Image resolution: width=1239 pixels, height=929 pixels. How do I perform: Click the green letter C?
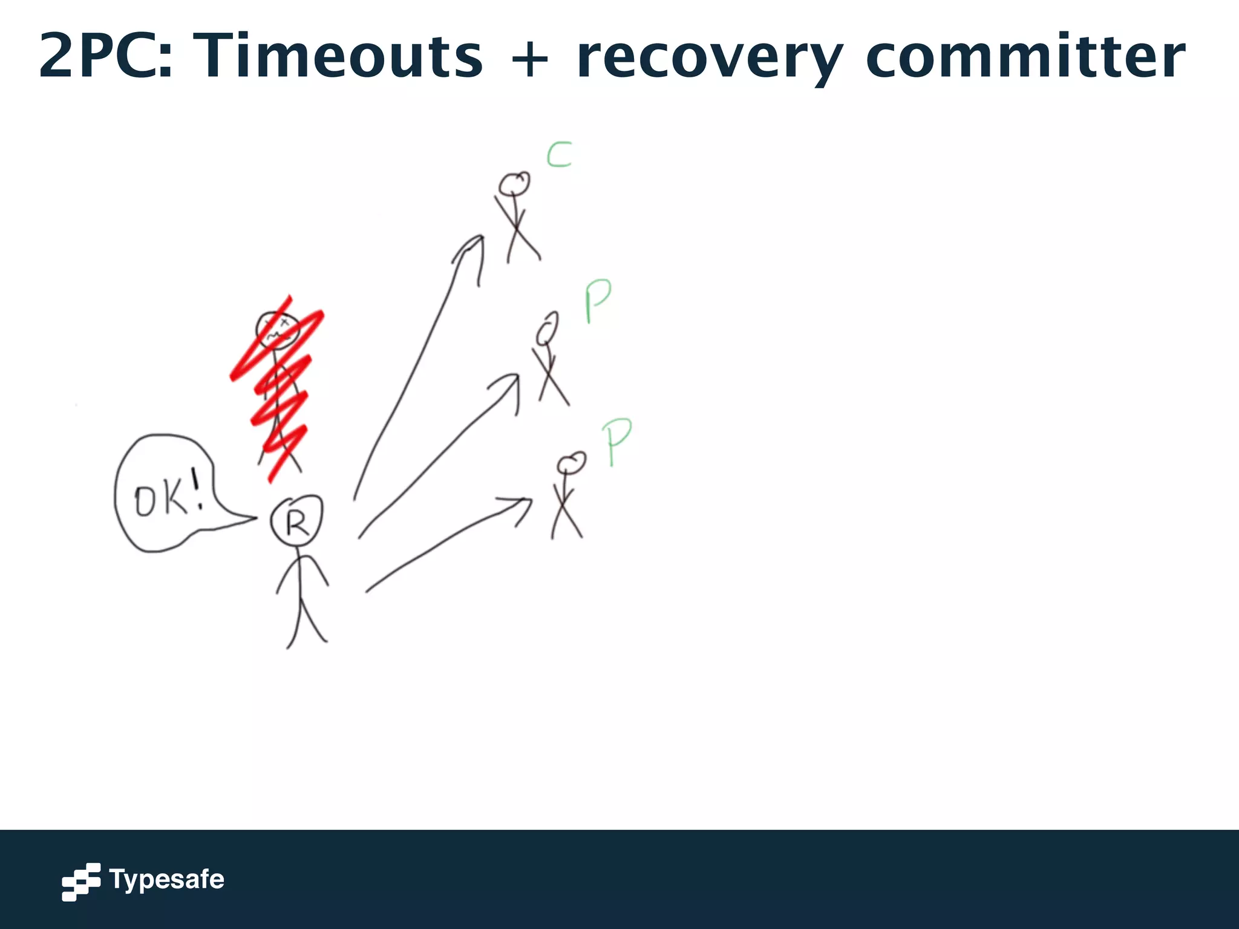pos(559,155)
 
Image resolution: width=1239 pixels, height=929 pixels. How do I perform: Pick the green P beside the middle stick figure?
pos(597,301)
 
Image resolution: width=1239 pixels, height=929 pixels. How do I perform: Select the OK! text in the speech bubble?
pos(168,497)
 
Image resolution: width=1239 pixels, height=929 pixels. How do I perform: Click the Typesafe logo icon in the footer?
pos(80,881)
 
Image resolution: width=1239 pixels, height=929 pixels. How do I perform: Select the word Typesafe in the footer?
pos(166,879)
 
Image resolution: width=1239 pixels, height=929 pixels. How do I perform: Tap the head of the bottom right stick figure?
pos(571,463)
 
